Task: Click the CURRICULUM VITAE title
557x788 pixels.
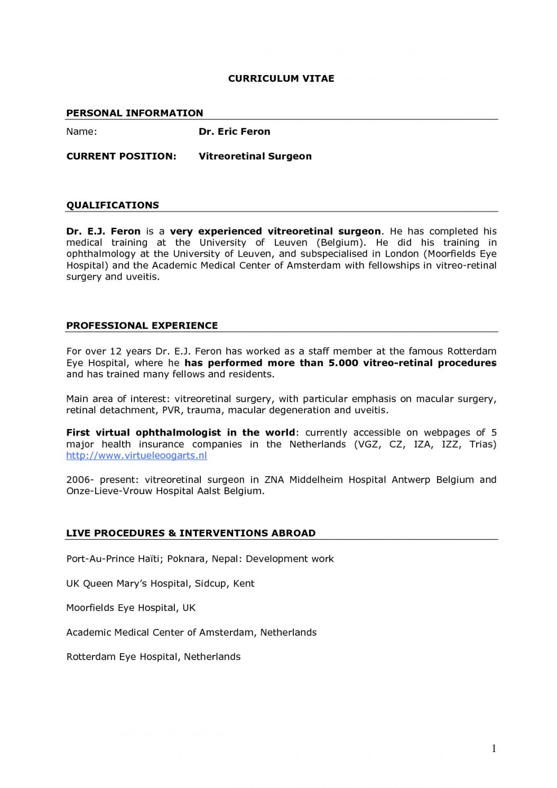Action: tap(281, 79)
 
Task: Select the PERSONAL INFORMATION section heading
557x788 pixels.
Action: tap(134, 113)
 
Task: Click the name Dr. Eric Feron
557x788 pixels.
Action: tap(234, 132)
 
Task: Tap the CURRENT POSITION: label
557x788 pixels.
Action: tap(121, 156)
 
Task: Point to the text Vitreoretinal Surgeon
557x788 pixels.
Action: tap(255, 156)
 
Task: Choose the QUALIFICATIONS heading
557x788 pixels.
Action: tap(112, 205)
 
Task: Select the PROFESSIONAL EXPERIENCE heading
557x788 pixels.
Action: tap(142, 326)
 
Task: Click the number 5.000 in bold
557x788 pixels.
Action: tap(343, 363)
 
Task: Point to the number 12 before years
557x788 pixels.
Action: tap(115, 351)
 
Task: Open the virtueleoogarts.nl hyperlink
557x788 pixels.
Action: tap(136, 456)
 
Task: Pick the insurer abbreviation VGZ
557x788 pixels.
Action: tap(367, 444)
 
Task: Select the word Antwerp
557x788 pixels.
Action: tap(411, 480)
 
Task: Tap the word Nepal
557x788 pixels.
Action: tap(226, 559)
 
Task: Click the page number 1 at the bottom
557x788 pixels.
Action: tap(494, 748)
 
